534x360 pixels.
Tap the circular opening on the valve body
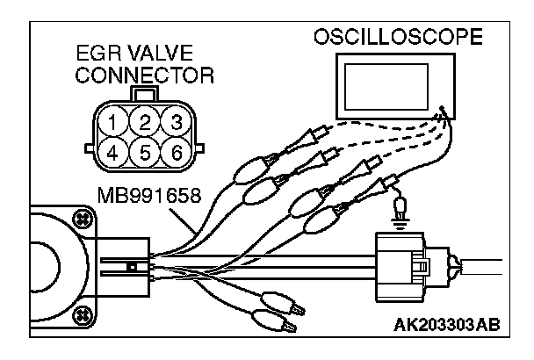(40, 263)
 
